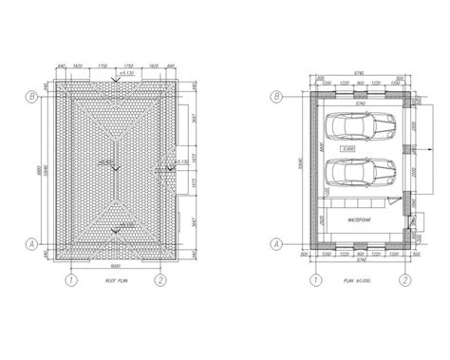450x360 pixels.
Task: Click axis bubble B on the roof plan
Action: click(33, 96)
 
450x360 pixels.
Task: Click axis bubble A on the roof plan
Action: click(33, 244)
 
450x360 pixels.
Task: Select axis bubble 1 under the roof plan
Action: click(70, 280)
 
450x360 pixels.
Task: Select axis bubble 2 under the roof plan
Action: click(161, 280)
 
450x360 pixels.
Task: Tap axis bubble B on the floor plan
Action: click(277, 96)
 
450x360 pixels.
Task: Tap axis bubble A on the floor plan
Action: click(277, 244)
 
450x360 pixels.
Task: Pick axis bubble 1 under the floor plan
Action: click(314, 280)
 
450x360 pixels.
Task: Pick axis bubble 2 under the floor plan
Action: click(405, 280)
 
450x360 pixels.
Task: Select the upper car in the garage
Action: click(358, 125)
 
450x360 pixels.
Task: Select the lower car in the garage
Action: click(358, 171)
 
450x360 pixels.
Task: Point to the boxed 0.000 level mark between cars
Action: click(348, 149)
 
